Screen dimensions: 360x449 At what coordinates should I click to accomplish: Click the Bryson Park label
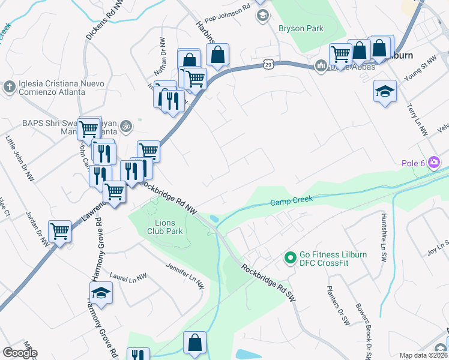[x=300, y=28]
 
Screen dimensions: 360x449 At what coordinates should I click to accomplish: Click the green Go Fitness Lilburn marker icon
[x=291, y=259]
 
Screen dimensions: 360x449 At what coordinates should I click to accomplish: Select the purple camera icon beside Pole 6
[x=435, y=162]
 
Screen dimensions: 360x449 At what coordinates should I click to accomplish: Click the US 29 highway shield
[x=268, y=62]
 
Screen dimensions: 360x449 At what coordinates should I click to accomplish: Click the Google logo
[x=20, y=353]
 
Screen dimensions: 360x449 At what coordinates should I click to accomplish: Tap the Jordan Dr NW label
[x=37, y=229]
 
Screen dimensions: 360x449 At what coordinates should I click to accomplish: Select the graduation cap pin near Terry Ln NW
[x=385, y=91]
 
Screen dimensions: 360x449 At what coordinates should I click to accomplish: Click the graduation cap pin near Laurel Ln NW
[x=101, y=293]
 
